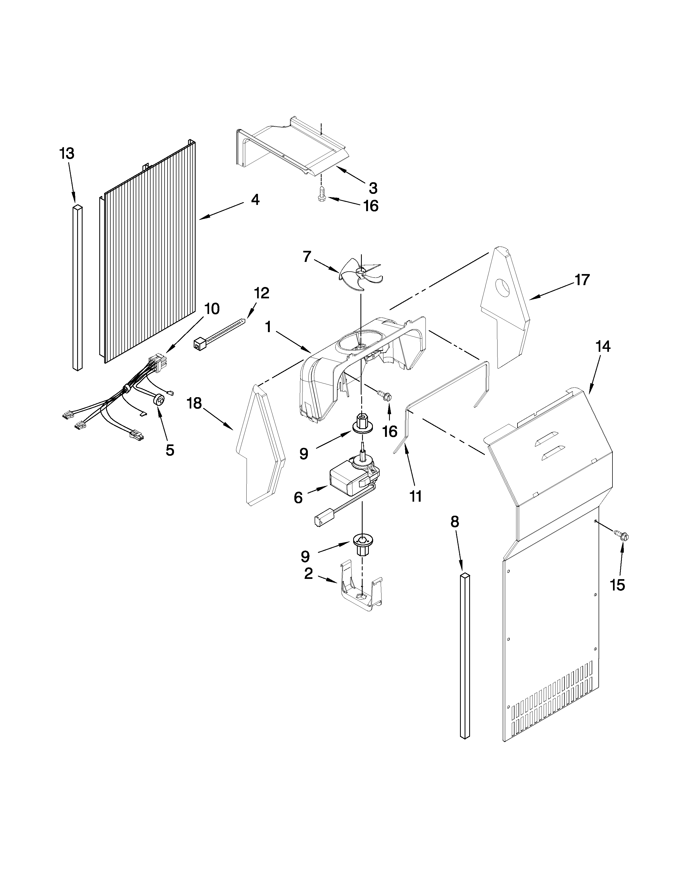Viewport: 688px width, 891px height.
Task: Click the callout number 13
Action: (x=67, y=154)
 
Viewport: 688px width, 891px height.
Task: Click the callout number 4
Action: (x=255, y=200)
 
